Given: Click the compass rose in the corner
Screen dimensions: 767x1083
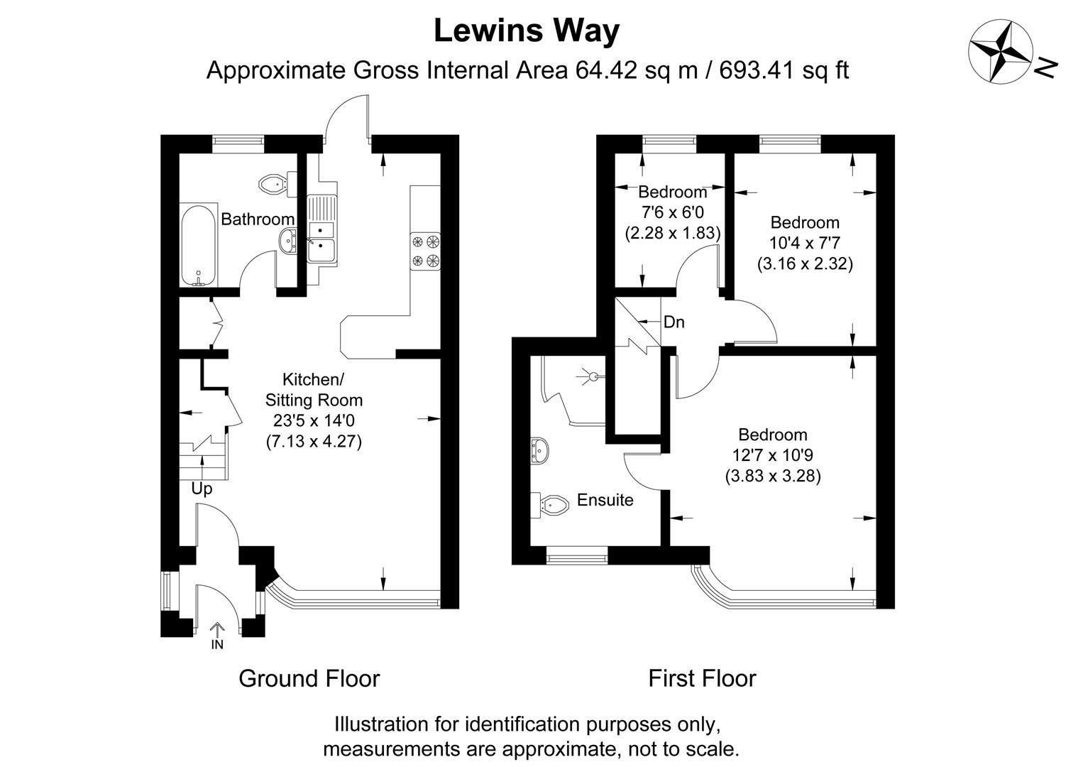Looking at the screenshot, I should [x=1000, y=49].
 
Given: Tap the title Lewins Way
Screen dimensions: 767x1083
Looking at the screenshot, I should [x=526, y=31].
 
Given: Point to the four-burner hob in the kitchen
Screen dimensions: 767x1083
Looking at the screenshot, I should [x=424, y=251].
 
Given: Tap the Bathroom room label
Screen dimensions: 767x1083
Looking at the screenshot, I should [x=257, y=219].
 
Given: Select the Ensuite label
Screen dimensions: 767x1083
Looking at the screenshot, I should [x=605, y=500].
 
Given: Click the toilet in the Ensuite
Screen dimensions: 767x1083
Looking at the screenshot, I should [x=552, y=504].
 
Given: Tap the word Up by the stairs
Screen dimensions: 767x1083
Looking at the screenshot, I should [x=202, y=489].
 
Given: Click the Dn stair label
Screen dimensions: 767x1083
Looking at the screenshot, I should [x=674, y=322].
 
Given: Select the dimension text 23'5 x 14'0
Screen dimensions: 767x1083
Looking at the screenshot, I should [x=314, y=420].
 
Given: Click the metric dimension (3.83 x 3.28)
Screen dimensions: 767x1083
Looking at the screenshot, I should [x=773, y=476].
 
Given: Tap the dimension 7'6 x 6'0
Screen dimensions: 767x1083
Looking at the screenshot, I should [x=672, y=212].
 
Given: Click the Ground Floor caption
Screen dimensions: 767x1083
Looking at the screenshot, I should [x=309, y=678].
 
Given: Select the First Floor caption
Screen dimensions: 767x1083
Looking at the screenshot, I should [x=702, y=678].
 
